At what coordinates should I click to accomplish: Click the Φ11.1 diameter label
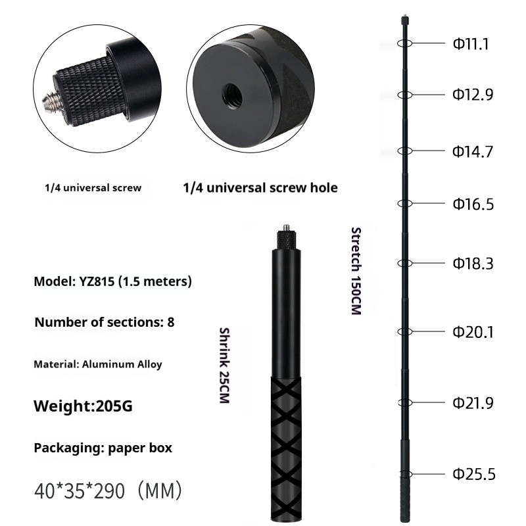pos(469,44)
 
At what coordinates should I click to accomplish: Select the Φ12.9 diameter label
pos(472,95)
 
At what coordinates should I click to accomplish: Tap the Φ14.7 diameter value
pos(472,152)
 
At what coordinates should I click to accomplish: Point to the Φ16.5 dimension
pos(472,204)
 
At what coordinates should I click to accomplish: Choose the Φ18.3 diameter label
pos(472,264)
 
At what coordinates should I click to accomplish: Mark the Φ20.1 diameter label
pos(472,333)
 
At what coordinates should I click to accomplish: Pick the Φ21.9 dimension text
pos(472,403)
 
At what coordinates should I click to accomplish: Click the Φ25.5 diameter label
pos(472,474)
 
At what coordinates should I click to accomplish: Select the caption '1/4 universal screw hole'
pos(260,188)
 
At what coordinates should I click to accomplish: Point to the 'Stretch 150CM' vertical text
pos(356,270)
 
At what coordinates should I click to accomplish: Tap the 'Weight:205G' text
pos(83,406)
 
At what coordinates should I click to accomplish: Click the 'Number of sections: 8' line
pos(104,322)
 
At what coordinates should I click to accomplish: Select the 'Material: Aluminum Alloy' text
pos(98,364)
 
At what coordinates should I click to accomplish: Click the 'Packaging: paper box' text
pos(103,448)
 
